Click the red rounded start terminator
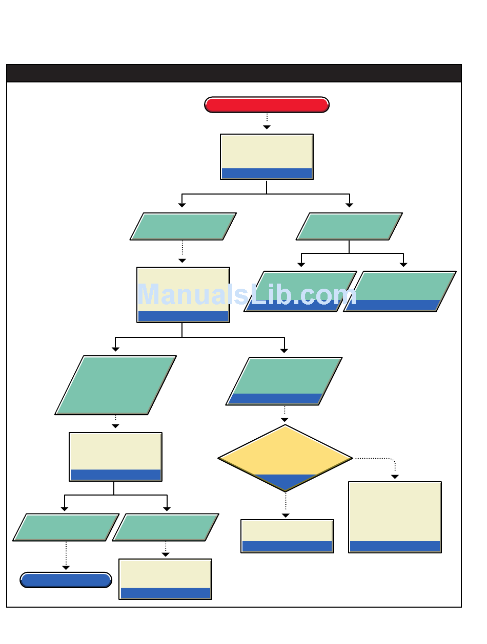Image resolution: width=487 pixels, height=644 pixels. point(267,104)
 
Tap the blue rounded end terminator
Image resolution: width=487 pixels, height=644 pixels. point(66,580)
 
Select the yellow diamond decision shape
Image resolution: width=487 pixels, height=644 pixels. point(285,450)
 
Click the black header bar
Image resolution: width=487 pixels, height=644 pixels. point(234,73)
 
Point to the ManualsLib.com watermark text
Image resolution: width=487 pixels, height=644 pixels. point(247,295)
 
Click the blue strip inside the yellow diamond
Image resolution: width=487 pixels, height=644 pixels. point(285,481)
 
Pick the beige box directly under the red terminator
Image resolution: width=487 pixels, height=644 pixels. point(267,152)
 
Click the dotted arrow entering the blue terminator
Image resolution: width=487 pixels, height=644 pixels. point(66,555)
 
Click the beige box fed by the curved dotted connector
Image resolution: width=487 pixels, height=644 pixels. point(395,512)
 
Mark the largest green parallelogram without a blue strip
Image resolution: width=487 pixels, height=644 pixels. point(116,385)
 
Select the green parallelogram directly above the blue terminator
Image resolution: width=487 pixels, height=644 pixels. point(66,527)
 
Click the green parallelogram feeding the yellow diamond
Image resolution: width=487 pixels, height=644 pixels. point(284,377)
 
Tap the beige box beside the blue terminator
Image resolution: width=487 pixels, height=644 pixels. point(165,574)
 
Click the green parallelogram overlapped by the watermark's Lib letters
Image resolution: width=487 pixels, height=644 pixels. point(301,287)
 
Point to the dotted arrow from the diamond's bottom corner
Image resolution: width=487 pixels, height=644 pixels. point(286,505)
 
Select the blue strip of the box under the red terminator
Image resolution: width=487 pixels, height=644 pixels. point(267,173)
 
